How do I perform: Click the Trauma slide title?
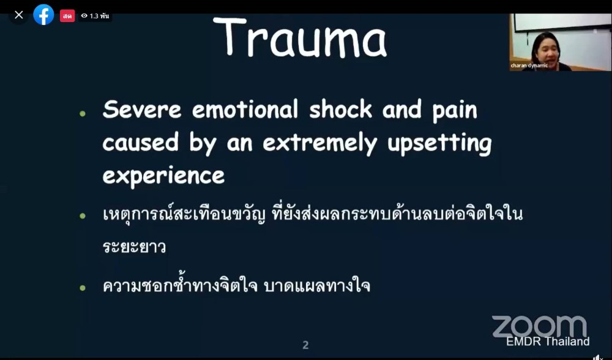300,38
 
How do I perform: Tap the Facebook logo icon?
43,15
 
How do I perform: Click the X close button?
19,15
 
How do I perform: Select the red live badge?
67,16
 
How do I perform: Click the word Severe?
142,110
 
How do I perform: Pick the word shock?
341,109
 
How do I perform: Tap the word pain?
455,111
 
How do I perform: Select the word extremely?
320,144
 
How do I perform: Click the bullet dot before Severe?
83,114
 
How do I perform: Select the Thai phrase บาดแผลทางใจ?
317,285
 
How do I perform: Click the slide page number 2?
305,345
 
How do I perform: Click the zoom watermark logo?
539,326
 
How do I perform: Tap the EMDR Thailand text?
548,341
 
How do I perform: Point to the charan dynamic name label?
529,66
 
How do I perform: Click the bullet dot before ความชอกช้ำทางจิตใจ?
83,288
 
